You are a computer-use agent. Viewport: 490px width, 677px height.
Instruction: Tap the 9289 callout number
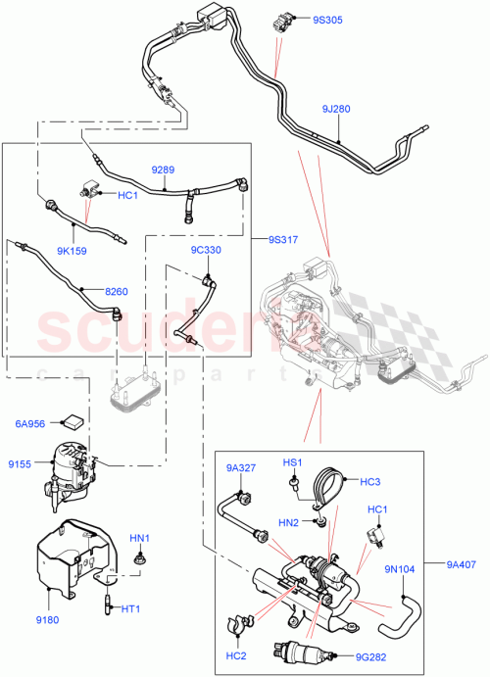click(163, 169)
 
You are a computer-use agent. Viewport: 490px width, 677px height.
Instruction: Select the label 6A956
click(30, 423)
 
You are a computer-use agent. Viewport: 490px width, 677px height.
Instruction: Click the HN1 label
click(141, 538)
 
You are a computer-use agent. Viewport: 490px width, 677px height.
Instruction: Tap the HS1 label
click(293, 461)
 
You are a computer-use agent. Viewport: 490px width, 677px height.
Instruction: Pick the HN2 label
click(287, 523)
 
